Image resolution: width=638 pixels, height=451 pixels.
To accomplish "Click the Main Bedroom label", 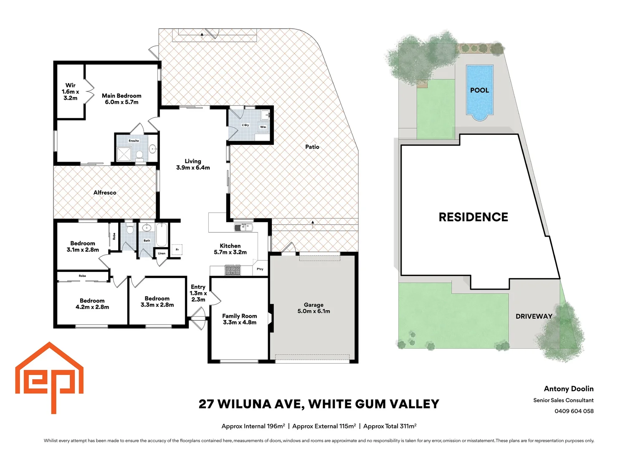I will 122,99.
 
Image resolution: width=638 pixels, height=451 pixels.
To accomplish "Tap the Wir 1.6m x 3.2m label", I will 70,91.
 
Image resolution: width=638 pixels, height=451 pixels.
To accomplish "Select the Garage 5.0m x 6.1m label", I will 314,308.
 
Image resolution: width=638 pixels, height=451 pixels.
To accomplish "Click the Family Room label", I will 239,319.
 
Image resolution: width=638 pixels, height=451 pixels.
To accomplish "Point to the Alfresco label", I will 105,193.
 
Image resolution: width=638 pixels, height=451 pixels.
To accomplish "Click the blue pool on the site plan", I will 479,91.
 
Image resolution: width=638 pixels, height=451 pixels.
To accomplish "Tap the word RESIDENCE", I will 473,217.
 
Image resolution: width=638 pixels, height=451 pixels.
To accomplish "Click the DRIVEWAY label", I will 534,317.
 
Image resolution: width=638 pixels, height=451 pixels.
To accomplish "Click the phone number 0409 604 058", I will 574,411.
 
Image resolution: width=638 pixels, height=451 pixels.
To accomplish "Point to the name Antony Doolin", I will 568,389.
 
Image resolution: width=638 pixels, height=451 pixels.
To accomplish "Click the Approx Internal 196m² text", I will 253,426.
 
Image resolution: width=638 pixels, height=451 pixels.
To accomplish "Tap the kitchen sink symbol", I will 243,227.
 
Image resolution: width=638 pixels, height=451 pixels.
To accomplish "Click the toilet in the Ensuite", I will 140,155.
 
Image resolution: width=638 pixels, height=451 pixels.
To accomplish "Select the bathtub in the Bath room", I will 162,235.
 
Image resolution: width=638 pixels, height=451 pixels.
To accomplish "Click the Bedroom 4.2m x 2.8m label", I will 92,304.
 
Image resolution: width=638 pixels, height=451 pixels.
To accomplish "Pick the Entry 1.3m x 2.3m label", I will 198,293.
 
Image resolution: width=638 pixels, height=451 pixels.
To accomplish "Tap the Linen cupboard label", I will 162,253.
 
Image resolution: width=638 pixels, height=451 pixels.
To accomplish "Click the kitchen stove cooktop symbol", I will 233,271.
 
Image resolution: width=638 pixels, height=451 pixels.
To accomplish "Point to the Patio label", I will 312,147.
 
